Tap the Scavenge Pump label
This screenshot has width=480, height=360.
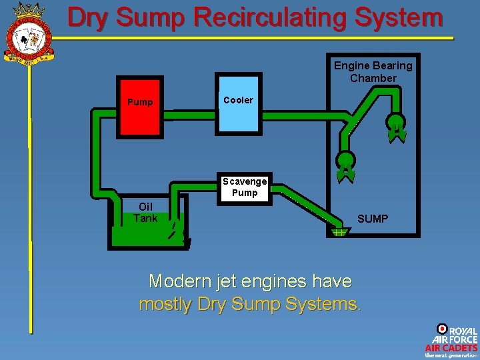[245, 187]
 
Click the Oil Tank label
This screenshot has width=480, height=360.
[145, 213]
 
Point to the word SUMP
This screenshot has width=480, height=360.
[373, 219]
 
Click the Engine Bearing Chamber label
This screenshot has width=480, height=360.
[373, 72]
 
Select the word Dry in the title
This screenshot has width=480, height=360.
[89, 17]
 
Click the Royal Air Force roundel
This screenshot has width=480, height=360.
[441, 329]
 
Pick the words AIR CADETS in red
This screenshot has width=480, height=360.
[451, 347]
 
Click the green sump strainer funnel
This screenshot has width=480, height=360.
[339, 231]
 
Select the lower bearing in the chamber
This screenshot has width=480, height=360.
[346, 163]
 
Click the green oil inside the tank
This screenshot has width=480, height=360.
[140, 236]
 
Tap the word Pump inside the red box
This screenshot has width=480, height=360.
[140, 102]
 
